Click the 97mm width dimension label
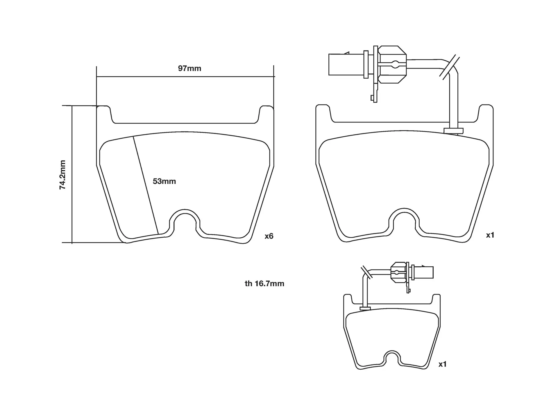pos(189,68)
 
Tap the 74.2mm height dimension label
pos(62,175)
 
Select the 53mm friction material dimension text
pos(164,181)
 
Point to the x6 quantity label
pos(269,236)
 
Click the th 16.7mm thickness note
pos(264,283)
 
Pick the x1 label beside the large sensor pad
pos(490,235)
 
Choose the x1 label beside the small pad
pos(442,364)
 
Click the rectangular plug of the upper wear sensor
pos(339,64)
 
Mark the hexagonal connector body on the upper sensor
pos(392,64)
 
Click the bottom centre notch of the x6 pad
pos(185,222)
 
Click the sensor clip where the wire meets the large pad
pos(453,131)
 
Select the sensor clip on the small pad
pos(365,308)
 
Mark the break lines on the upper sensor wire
pos(449,67)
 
